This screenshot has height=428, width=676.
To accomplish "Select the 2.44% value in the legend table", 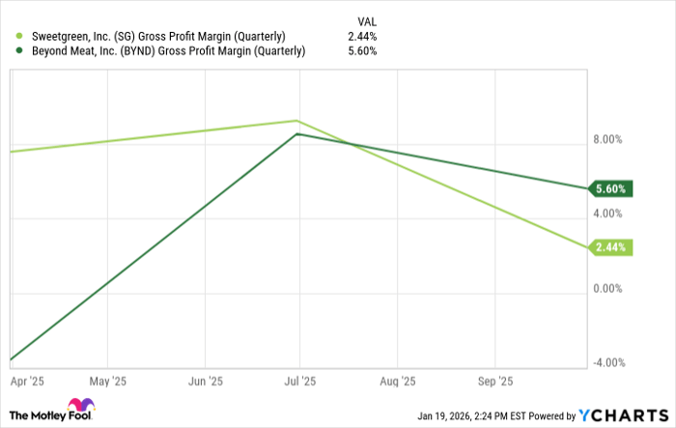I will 362,37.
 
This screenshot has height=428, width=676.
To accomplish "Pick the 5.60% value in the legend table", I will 362,52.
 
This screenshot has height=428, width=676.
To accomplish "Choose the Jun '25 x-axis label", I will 207,381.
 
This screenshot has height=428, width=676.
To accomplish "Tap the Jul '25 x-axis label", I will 300,381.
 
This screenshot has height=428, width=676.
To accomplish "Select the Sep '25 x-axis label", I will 494,381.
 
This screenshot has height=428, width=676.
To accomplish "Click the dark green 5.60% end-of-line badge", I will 610,189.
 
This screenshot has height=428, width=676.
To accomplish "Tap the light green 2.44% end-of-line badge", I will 610,248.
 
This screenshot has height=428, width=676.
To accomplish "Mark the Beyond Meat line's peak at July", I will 297,134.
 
